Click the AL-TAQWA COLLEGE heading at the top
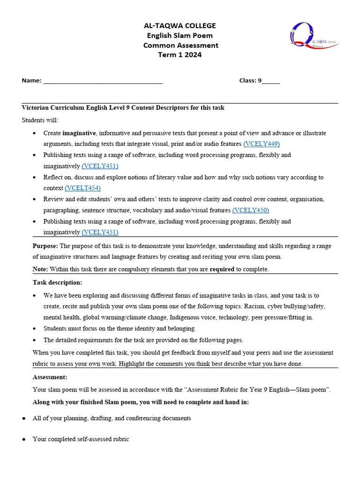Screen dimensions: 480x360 180,26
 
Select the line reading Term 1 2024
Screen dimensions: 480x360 180,55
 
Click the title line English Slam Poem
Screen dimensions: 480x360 180,36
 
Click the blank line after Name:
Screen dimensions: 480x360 103,81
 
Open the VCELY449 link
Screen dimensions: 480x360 261,144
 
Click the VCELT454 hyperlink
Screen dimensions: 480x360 82,188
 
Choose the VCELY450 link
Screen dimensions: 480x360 250,210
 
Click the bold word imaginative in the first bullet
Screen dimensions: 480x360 79,133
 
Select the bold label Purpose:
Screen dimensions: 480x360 45,246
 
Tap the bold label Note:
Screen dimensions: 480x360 40,269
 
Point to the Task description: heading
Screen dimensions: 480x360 57,283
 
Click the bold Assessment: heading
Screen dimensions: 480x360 50,377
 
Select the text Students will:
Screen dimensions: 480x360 40,120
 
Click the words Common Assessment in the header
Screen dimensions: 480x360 180,45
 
